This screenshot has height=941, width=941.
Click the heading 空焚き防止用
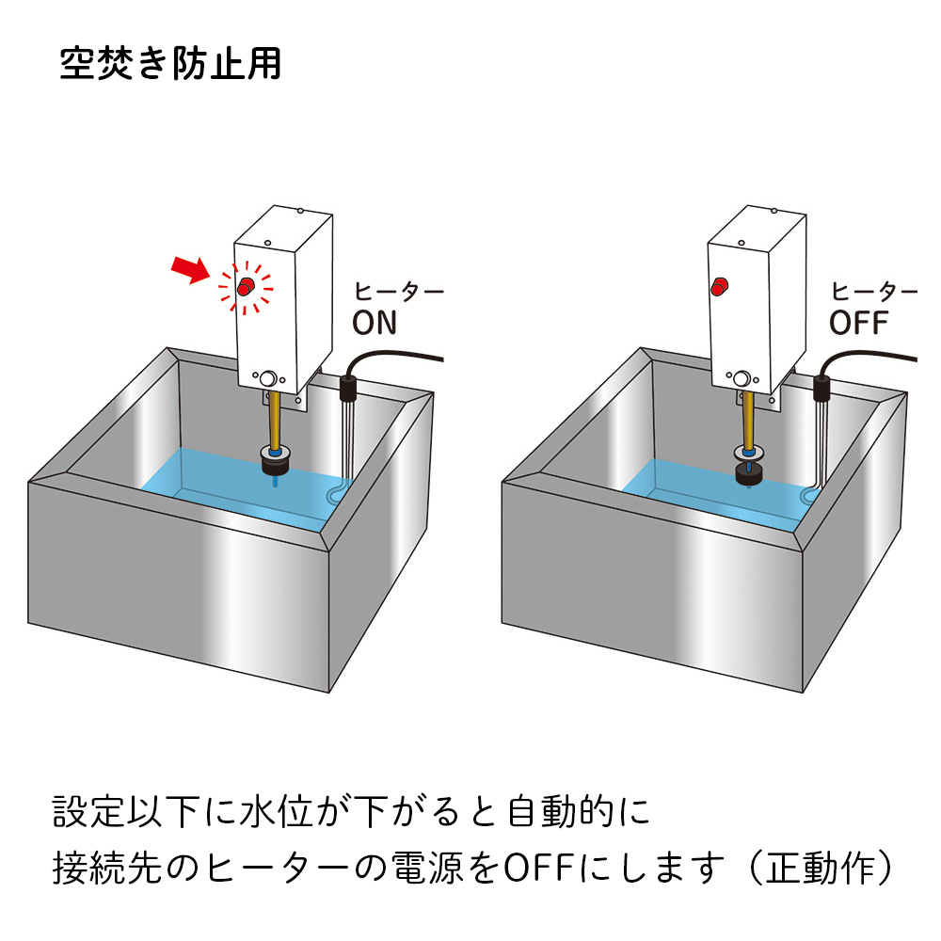pyautogui.click(x=170, y=63)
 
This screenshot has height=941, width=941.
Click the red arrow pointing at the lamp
pyautogui.click(x=192, y=270)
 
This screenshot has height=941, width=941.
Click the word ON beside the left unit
pyautogui.click(x=375, y=323)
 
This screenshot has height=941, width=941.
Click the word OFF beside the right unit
pyautogui.click(x=857, y=323)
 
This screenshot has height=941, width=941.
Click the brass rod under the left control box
pyautogui.click(x=274, y=421)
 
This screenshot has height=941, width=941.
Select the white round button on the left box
pyautogui.click(x=268, y=378)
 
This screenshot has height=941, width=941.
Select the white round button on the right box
pyautogui.click(x=742, y=378)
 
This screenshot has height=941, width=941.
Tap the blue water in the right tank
pyautogui.click(x=687, y=485)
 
